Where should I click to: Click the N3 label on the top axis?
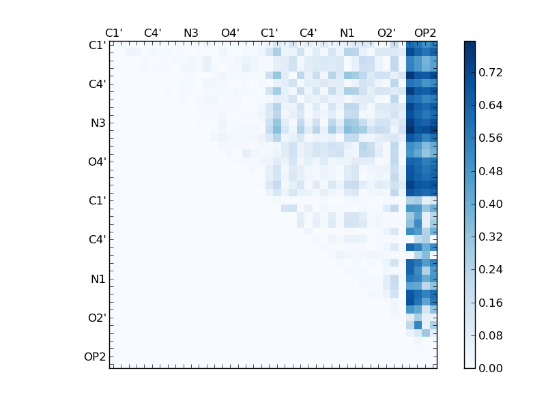[191, 33]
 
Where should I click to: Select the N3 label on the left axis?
[98, 123]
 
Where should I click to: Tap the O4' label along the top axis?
[230, 33]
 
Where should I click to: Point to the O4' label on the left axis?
[96, 162]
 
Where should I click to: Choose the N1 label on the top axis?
[347, 33]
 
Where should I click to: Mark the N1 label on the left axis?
[98, 279]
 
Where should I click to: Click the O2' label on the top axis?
[386, 33]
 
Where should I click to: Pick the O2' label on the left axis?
[96, 318]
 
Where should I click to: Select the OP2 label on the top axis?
[425, 33]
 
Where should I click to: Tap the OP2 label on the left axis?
[95, 357]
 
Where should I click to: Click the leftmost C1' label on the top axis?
[113, 33]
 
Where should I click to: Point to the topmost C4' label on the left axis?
[96, 85]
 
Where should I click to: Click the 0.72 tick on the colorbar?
[491, 72]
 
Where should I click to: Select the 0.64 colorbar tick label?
[491, 105]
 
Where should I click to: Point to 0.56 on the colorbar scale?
[491, 138]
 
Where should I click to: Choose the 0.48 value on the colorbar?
[491, 171]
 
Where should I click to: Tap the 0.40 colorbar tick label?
[491, 204]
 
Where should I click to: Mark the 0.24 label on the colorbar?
[491, 270]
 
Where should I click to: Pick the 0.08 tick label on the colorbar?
[491, 335]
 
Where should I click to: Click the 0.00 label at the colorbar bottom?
[491, 368]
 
